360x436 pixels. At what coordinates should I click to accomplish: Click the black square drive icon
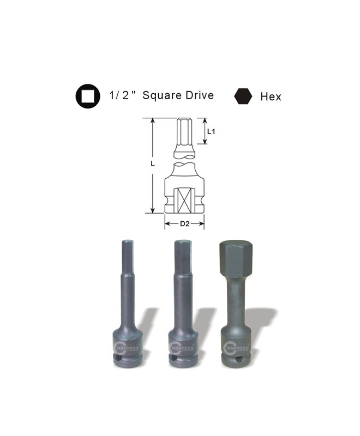click(x=88, y=96)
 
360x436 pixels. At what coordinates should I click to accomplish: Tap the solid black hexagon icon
click(x=243, y=96)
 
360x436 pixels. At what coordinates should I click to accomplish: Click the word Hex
click(x=271, y=97)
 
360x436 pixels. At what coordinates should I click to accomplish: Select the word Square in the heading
click(x=162, y=95)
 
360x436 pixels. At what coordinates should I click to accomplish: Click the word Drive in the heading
click(x=200, y=95)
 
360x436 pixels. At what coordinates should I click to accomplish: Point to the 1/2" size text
click(x=122, y=95)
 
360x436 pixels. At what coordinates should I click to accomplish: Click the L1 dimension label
click(x=211, y=131)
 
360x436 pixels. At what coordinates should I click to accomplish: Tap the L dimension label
click(x=153, y=164)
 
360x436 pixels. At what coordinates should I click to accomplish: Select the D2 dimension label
click(x=184, y=223)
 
